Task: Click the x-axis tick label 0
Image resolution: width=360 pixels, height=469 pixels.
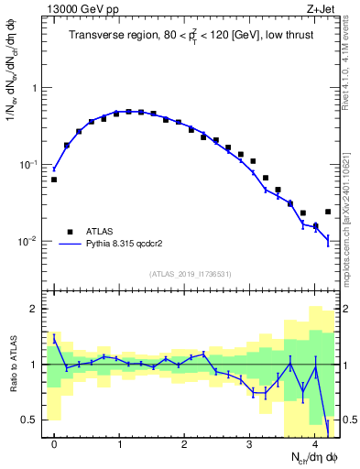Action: point(54,445)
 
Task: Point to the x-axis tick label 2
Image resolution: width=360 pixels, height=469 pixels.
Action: point(184,445)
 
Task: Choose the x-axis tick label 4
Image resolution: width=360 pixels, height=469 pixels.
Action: point(314,445)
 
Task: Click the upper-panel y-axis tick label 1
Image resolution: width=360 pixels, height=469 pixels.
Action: point(36,88)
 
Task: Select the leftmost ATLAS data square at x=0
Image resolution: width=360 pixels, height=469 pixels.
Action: point(54,180)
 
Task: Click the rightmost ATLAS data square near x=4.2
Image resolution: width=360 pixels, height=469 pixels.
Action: point(328,212)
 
